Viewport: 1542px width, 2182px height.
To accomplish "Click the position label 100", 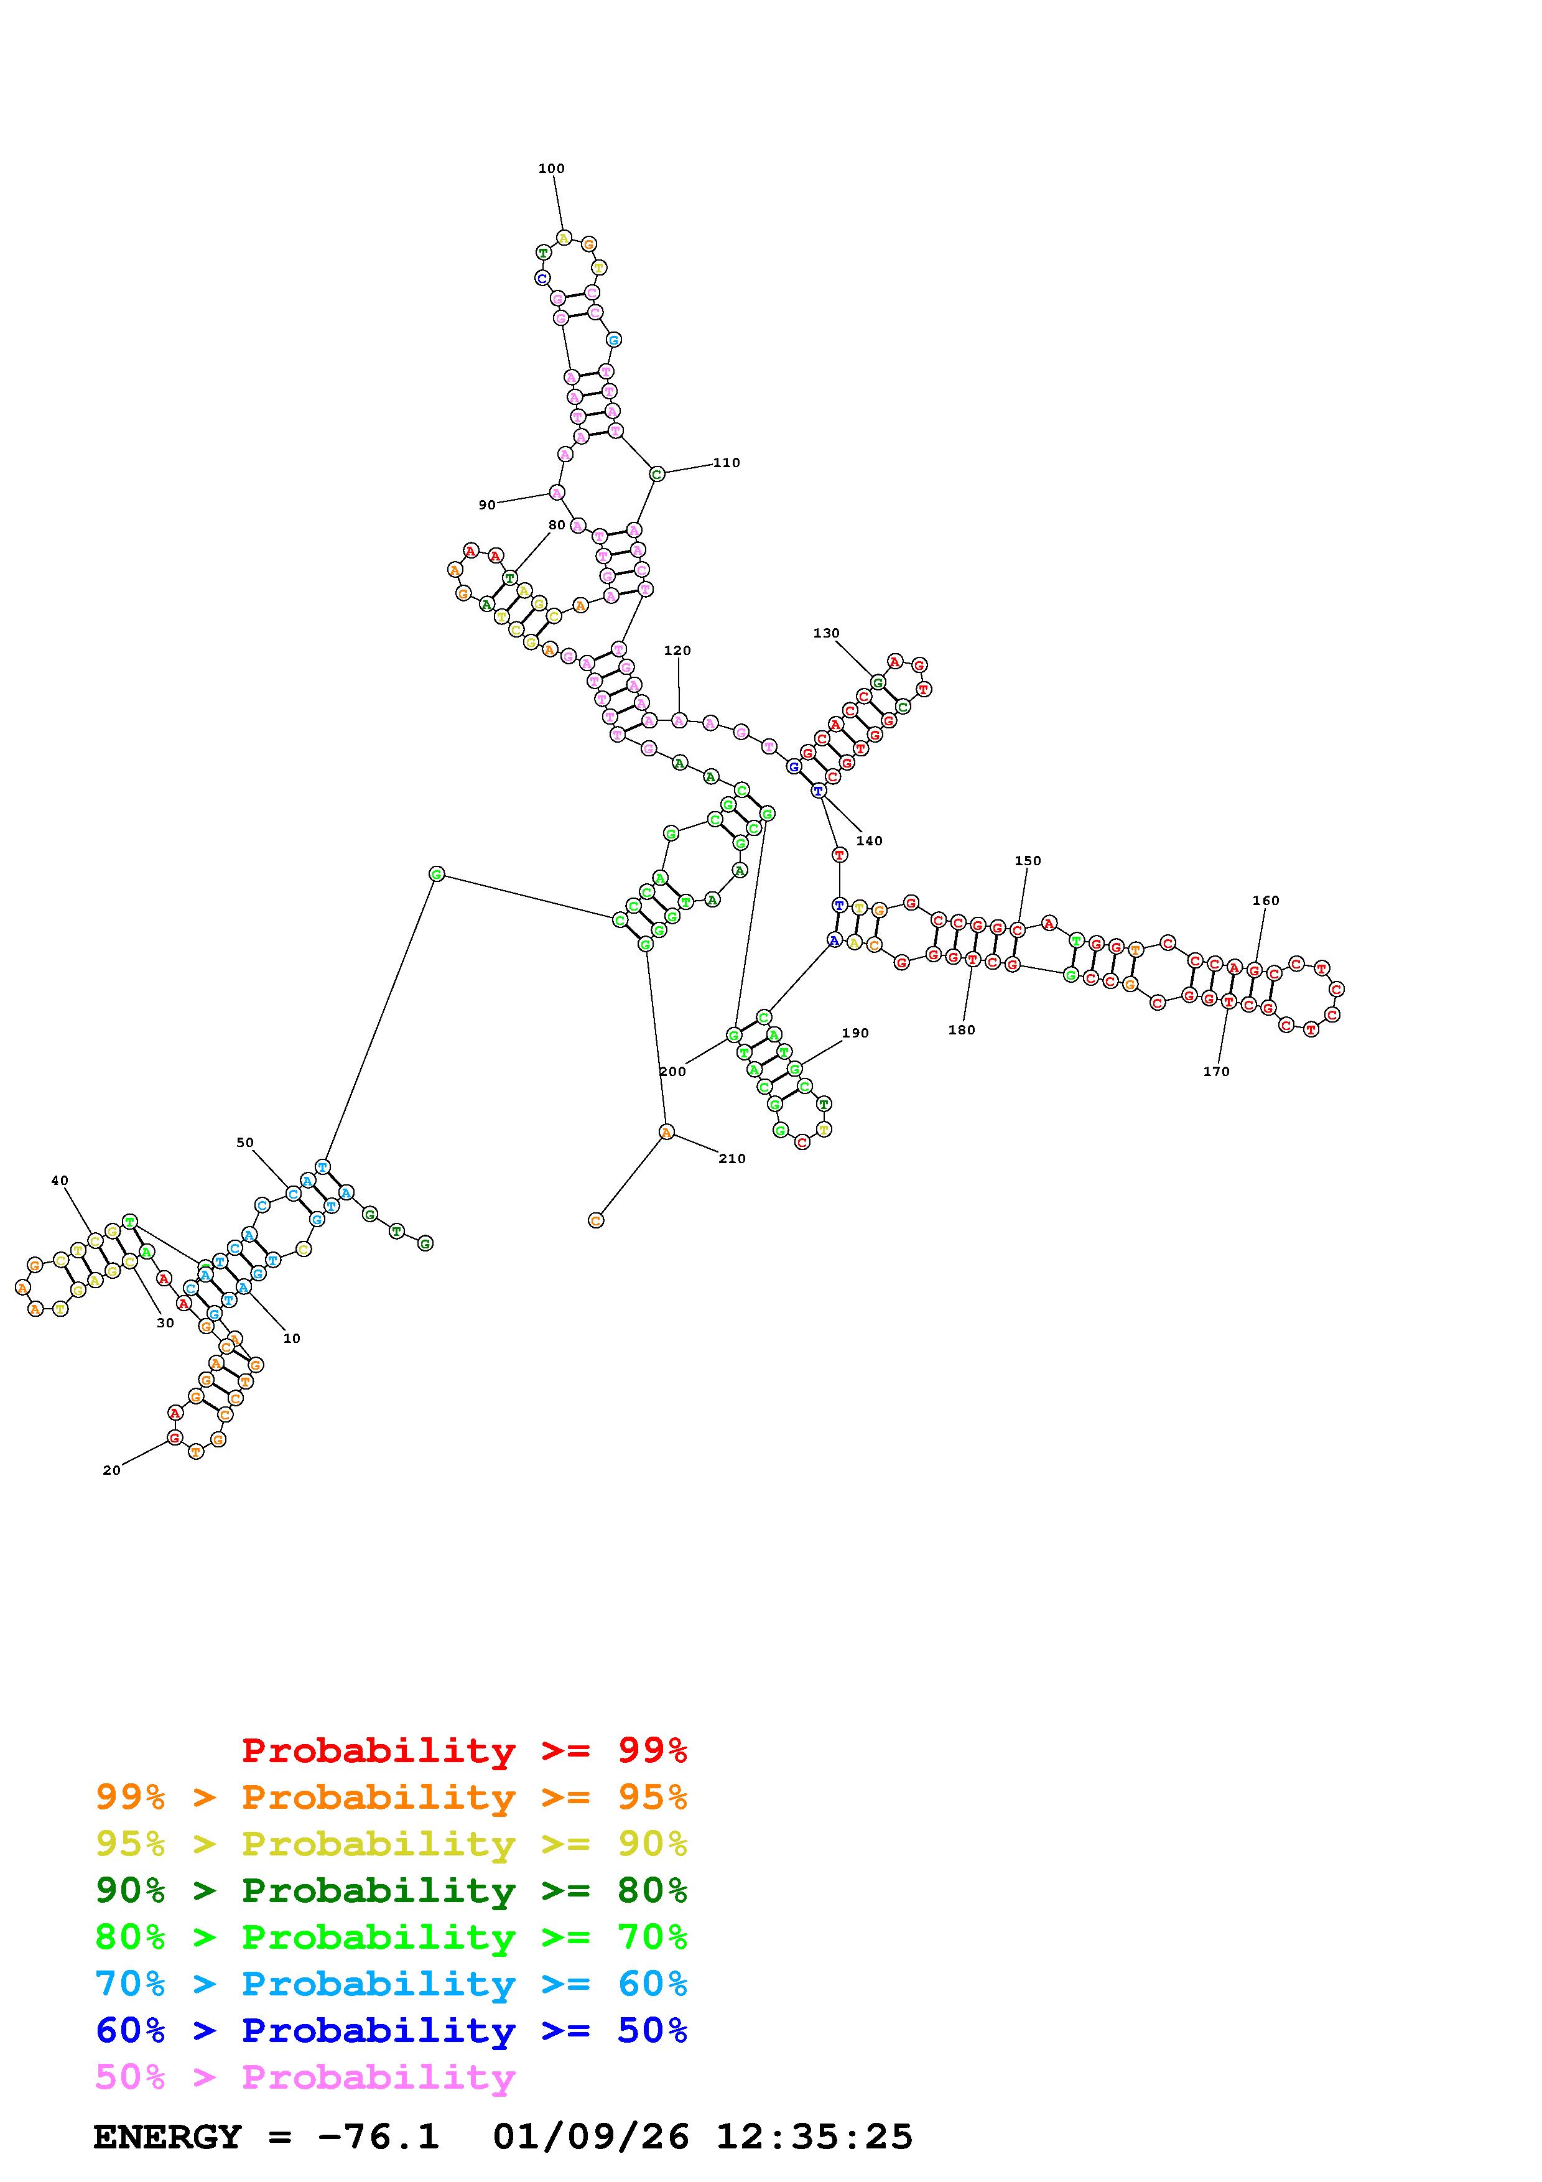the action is [x=551, y=168].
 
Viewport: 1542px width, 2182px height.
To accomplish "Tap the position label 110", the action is [x=726, y=463].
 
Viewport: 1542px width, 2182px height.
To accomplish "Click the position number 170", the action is [x=1215, y=1071].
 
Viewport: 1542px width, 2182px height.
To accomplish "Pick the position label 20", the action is [x=111, y=1470].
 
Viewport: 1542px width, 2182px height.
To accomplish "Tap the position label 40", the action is [x=59, y=1181].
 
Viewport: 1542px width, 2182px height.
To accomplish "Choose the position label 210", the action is [x=732, y=1158].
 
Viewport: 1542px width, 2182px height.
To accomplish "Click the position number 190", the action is [x=855, y=1033].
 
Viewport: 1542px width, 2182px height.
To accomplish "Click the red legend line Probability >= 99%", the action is [x=465, y=1750].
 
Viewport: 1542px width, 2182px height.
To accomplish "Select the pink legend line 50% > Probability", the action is [x=305, y=2078].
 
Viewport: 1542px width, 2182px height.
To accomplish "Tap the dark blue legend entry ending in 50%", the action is [x=391, y=2031].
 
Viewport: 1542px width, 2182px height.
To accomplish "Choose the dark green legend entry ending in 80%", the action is [x=391, y=1891].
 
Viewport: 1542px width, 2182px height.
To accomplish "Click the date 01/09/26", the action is [x=591, y=2137].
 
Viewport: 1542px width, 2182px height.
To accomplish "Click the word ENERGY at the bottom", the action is [x=167, y=2137].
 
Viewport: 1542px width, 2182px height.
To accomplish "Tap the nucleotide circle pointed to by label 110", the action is [x=656, y=473].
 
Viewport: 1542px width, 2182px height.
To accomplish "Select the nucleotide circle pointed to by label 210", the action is [x=666, y=1132].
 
